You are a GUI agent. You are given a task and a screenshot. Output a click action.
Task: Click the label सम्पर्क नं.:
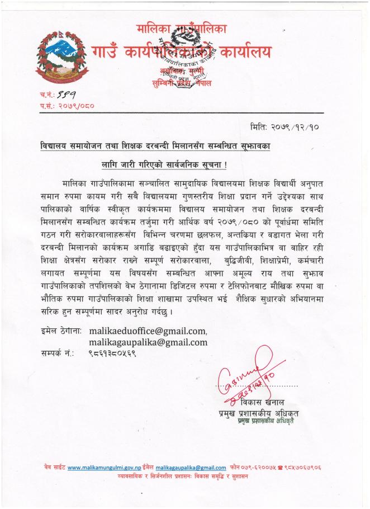[59, 354]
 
